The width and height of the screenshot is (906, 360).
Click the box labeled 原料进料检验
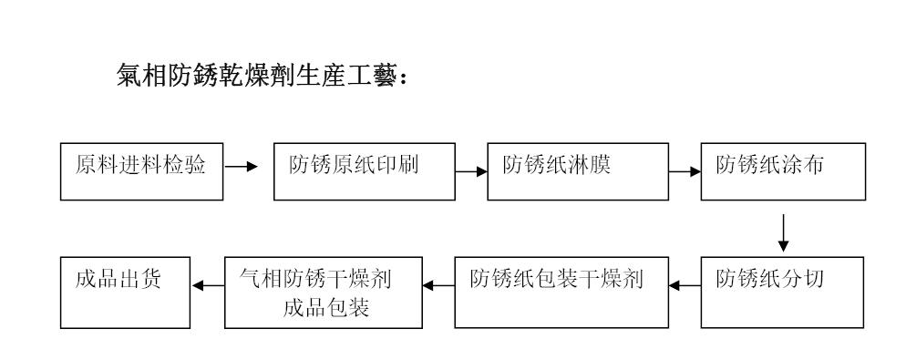141,170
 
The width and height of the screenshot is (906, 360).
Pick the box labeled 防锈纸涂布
782,170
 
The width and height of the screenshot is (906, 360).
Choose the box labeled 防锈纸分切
782,292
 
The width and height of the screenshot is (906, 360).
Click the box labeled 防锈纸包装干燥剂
561,292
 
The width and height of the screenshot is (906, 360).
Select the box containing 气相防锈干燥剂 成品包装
324,292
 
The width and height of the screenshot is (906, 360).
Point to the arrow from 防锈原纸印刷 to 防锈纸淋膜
471,170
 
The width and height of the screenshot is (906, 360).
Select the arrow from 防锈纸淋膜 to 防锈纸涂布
685,170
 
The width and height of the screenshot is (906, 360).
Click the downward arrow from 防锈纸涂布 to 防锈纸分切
782,231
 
